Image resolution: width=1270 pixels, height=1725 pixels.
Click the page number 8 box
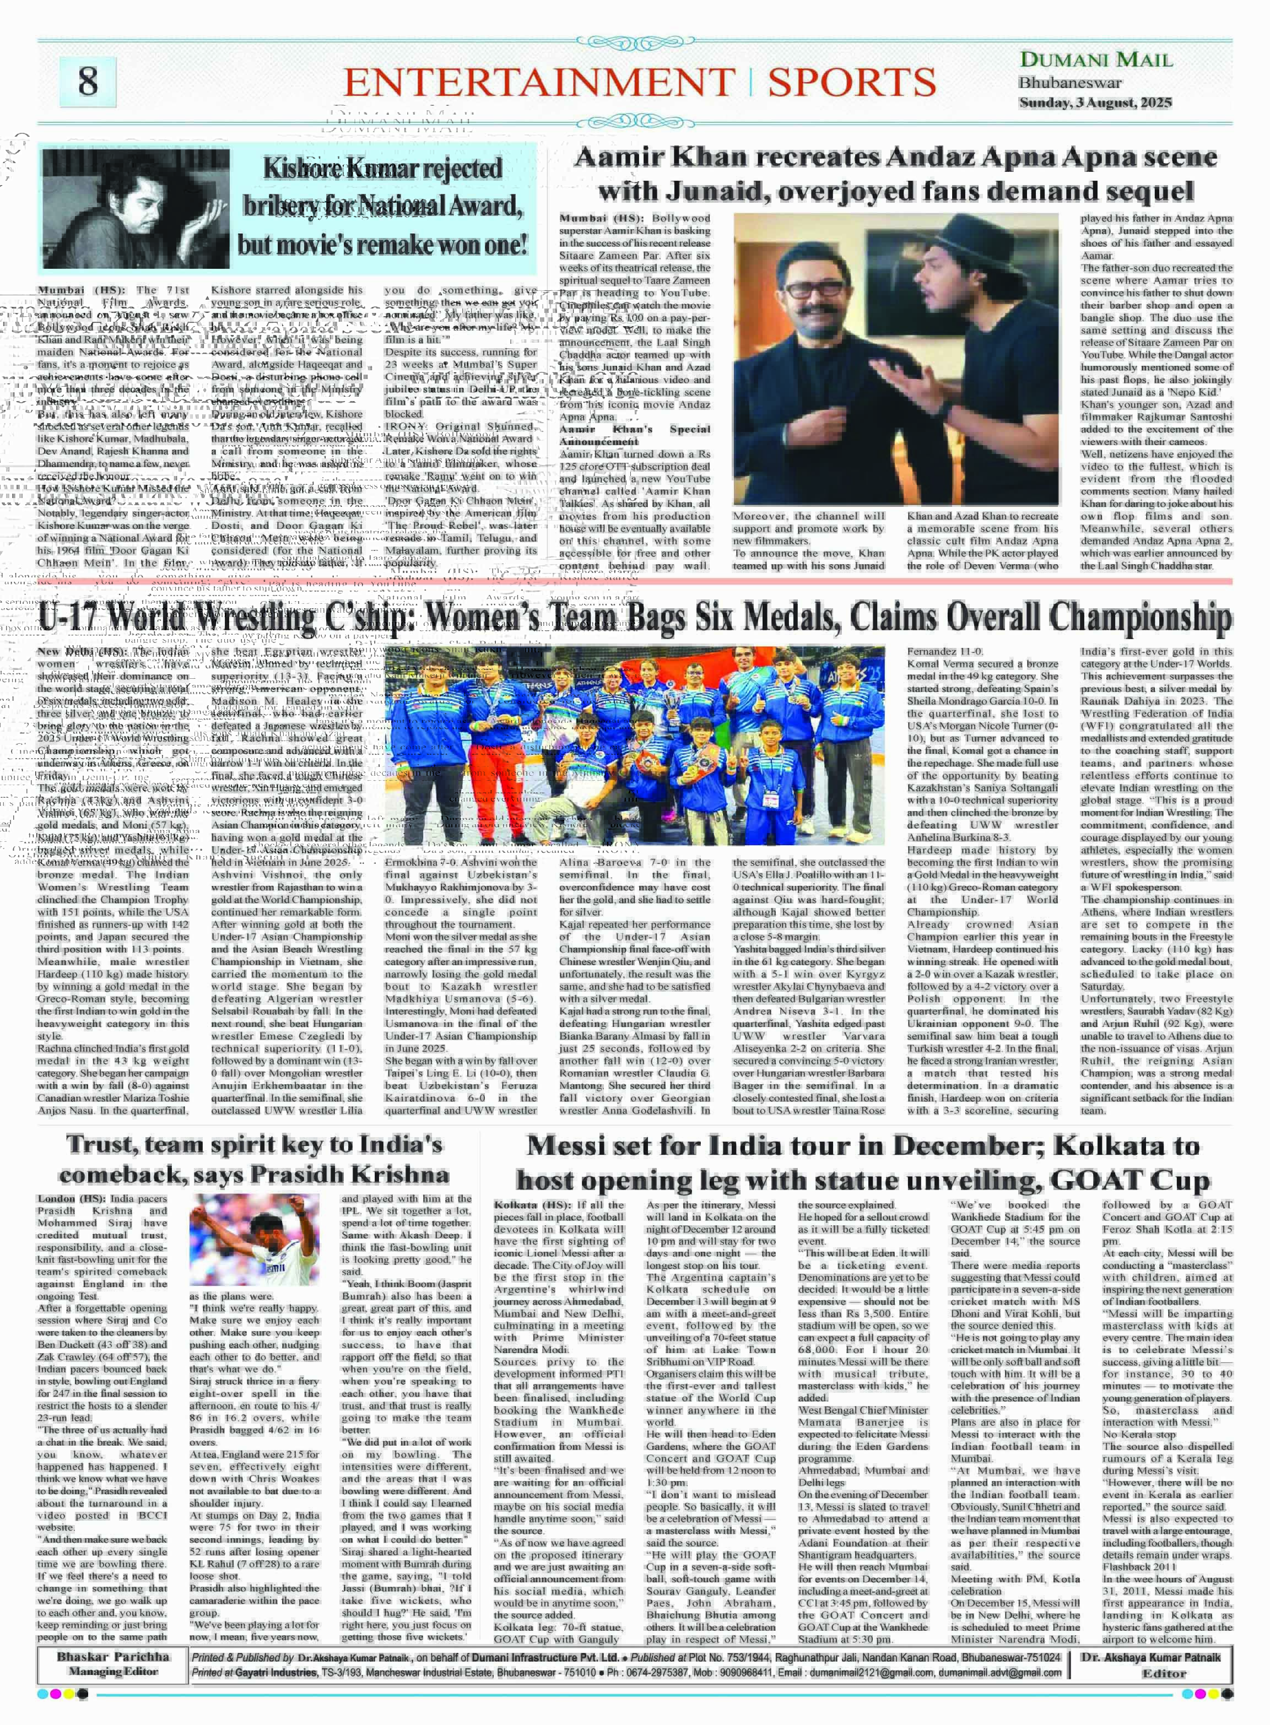pyautogui.click(x=88, y=81)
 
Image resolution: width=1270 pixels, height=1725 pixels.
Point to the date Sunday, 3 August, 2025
pyautogui.click(x=1095, y=102)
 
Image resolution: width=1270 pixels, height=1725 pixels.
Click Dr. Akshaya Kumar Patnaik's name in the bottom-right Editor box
pyautogui.click(x=1151, y=1657)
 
